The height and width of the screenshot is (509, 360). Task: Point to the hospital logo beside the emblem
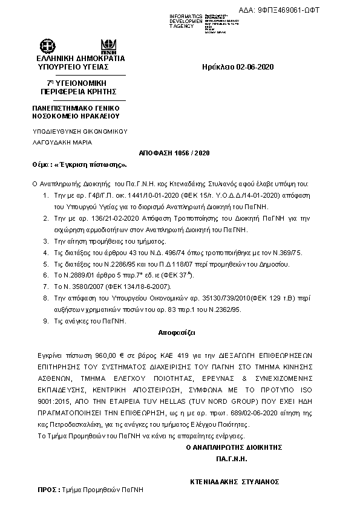coord(110,44)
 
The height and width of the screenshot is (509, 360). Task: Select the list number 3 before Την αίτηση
coord(48,258)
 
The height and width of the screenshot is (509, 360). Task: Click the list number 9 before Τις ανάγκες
coord(48,321)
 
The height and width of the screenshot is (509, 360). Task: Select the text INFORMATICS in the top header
coord(186,15)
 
